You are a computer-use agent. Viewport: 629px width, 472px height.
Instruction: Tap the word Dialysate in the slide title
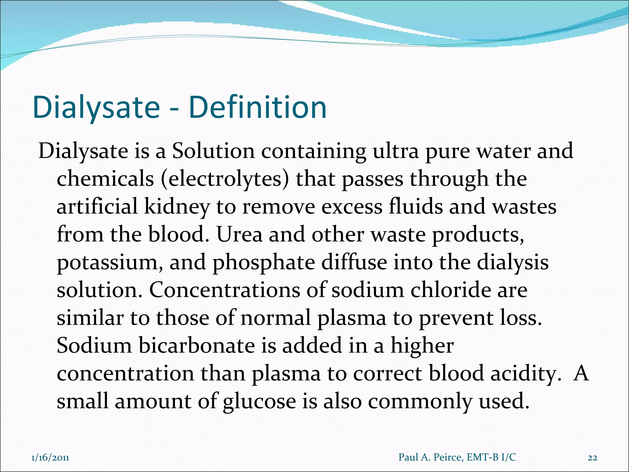point(96,108)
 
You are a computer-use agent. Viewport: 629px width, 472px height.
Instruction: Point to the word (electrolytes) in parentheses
point(225,179)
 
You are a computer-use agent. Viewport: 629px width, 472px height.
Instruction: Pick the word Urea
point(240,234)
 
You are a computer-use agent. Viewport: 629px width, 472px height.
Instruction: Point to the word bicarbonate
point(197,345)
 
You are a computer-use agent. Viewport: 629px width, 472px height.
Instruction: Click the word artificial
point(97,206)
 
